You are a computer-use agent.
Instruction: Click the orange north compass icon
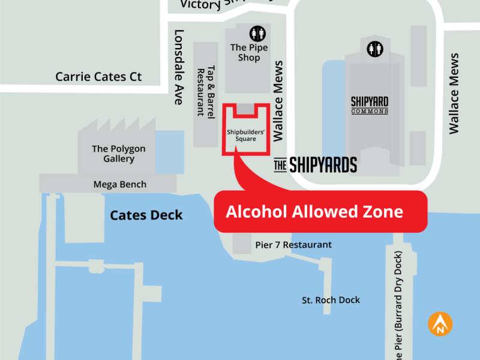tap(440, 324)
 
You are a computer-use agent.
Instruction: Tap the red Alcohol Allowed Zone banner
tap(320, 211)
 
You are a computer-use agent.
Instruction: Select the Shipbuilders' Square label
tap(241, 135)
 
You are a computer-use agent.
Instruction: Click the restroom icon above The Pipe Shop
tap(257, 33)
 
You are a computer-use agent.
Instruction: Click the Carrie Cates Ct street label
tap(98, 77)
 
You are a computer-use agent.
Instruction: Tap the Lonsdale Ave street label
tap(178, 67)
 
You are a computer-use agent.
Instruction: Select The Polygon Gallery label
tap(118, 154)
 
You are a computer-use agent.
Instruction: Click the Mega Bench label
tap(119, 184)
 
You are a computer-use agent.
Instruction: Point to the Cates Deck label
tap(146, 215)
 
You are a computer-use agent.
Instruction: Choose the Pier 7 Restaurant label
tap(293, 245)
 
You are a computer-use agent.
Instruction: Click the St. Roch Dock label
tap(331, 300)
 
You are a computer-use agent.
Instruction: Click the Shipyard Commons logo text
tap(370, 105)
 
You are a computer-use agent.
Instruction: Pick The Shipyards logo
tap(315, 164)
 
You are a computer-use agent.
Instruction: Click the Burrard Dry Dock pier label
tap(402, 300)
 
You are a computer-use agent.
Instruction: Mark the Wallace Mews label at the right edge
tap(454, 93)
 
